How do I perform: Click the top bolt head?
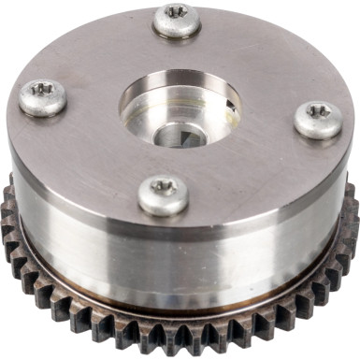pos(177,20)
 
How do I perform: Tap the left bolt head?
pos(43,96)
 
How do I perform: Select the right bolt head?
pos(318,120)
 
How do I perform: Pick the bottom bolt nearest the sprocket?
pos(164,194)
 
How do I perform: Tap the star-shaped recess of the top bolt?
pos(177,14)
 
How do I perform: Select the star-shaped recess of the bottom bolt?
pos(164,188)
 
